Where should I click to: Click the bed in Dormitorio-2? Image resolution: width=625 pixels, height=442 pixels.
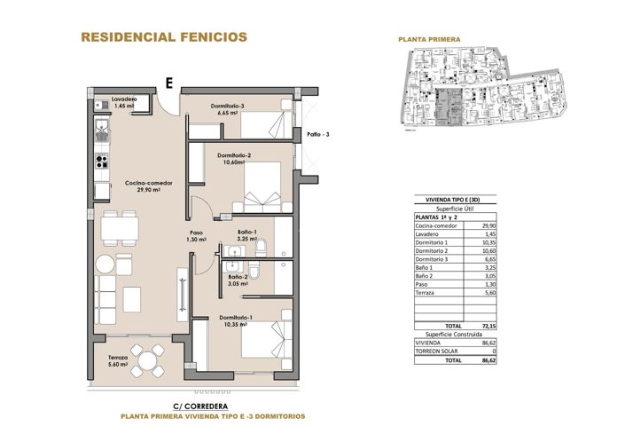point(260,189)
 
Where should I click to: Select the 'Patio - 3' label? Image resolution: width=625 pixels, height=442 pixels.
point(318,134)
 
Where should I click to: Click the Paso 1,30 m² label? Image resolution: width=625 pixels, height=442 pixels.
point(197,237)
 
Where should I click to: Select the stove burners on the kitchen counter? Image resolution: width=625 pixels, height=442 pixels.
point(102,162)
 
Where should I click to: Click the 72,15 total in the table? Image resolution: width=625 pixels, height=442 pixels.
point(485,326)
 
